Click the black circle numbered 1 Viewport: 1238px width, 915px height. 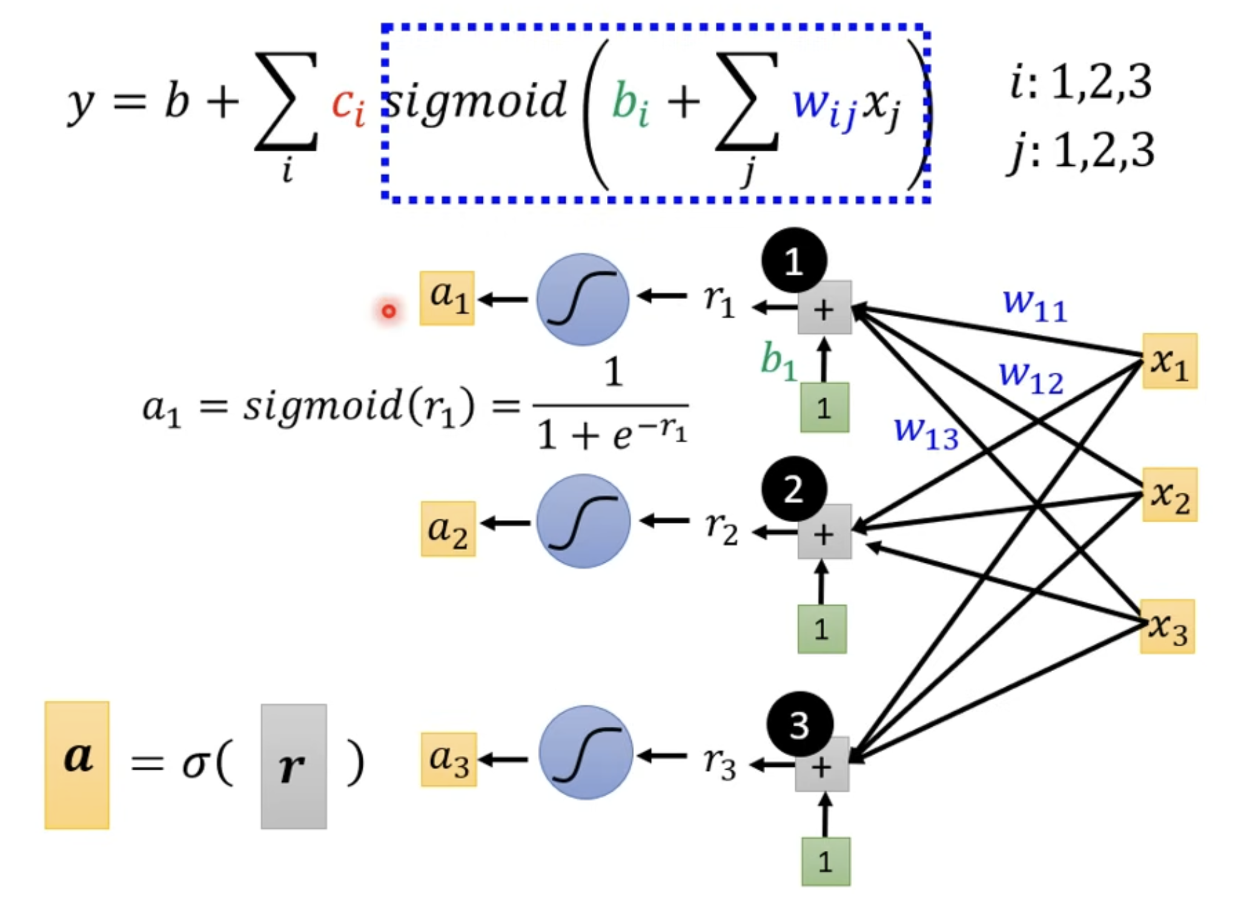[x=794, y=261]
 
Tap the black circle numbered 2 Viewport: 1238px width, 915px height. [x=794, y=489]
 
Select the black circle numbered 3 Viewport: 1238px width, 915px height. [x=799, y=724]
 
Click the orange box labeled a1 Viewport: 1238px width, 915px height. [x=447, y=298]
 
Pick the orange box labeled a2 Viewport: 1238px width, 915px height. [x=448, y=529]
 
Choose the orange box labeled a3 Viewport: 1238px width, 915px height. [x=449, y=759]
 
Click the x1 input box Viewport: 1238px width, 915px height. [x=1170, y=361]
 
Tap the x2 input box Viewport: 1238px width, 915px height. [x=1170, y=494]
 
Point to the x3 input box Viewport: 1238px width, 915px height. [x=1167, y=626]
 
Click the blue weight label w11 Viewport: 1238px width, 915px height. [x=1034, y=304]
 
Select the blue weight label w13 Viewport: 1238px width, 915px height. [x=926, y=433]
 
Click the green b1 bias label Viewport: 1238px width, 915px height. [x=778, y=361]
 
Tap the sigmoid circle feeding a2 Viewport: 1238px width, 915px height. [x=583, y=521]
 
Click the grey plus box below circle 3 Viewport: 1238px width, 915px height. [x=822, y=764]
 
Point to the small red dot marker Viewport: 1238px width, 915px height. [x=388, y=311]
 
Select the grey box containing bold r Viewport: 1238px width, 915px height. [x=294, y=766]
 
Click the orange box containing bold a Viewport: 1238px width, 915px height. [x=77, y=765]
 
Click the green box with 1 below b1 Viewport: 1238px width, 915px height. [x=824, y=407]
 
